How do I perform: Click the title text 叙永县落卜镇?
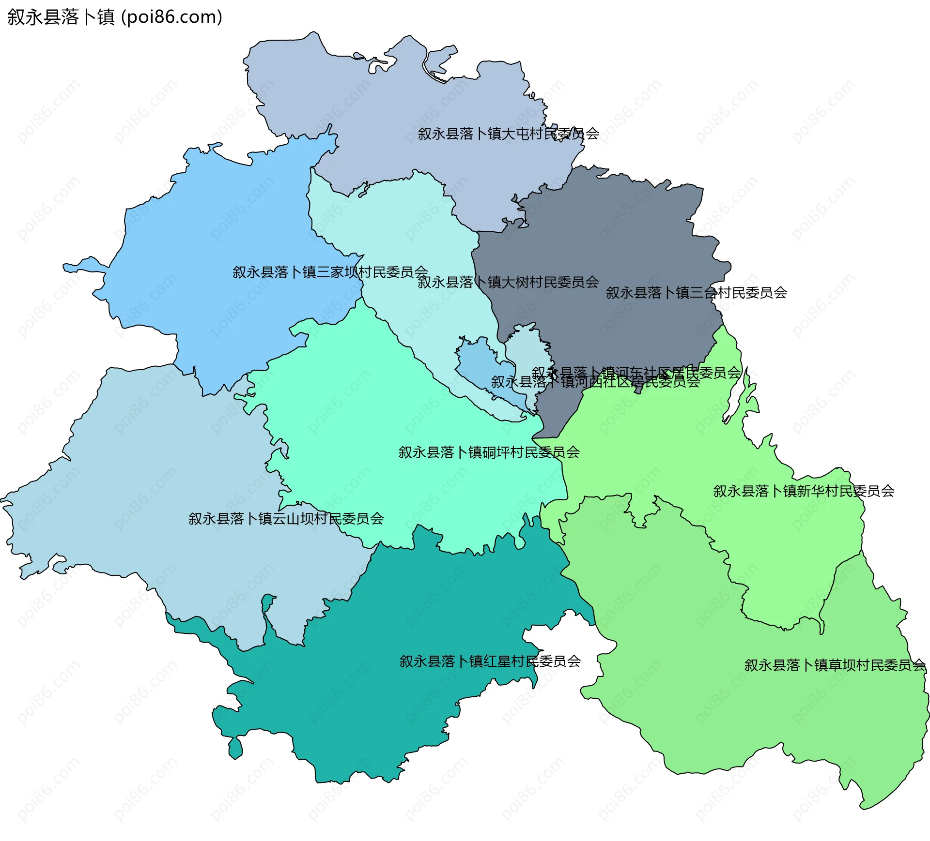click(x=61, y=17)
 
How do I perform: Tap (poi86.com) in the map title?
click(x=171, y=17)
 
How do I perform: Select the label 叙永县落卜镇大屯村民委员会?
click(x=508, y=134)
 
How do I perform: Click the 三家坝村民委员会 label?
click(x=330, y=272)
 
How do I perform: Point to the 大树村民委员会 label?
click(x=508, y=282)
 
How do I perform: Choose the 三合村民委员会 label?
click(x=696, y=292)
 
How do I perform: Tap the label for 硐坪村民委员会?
click(x=489, y=452)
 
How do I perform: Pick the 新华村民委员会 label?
click(x=804, y=491)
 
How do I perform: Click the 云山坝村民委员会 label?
click(x=286, y=519)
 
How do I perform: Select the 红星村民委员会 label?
click(x=490, y=661)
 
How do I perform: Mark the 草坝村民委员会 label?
click(x=835, y=665)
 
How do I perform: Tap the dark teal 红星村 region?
click(x=387, y=702)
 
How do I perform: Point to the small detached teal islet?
click(x=235, y=748)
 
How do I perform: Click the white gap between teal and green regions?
click(x=567, y=639)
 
